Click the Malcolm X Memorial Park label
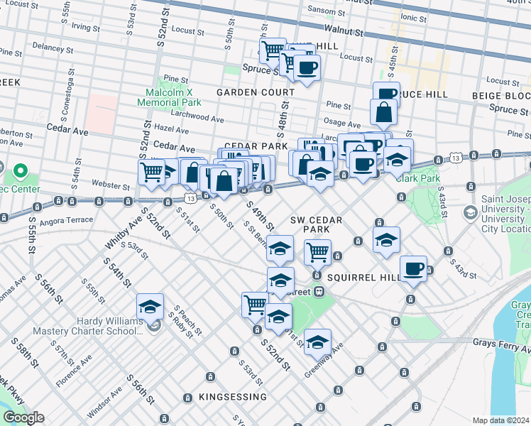click(174, 97)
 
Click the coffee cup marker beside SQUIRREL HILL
click(413, 269)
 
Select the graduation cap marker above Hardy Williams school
click(150, 307)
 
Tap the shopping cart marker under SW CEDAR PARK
click(317, 251)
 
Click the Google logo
click(23, 417)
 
